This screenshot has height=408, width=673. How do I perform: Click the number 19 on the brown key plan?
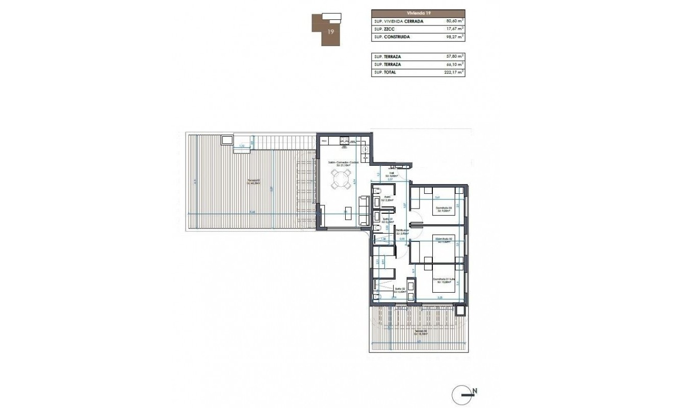click(331, 32)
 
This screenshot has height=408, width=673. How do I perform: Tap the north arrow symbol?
click(465, 394)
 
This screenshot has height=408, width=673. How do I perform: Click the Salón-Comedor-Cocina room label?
click(343, 163)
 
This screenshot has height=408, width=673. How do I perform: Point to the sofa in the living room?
click(364, 211)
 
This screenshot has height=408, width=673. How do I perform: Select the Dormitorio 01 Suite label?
click(444, 279)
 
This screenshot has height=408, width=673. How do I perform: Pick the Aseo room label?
click(388, 198)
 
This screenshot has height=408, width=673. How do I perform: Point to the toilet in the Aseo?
click(376, 191)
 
